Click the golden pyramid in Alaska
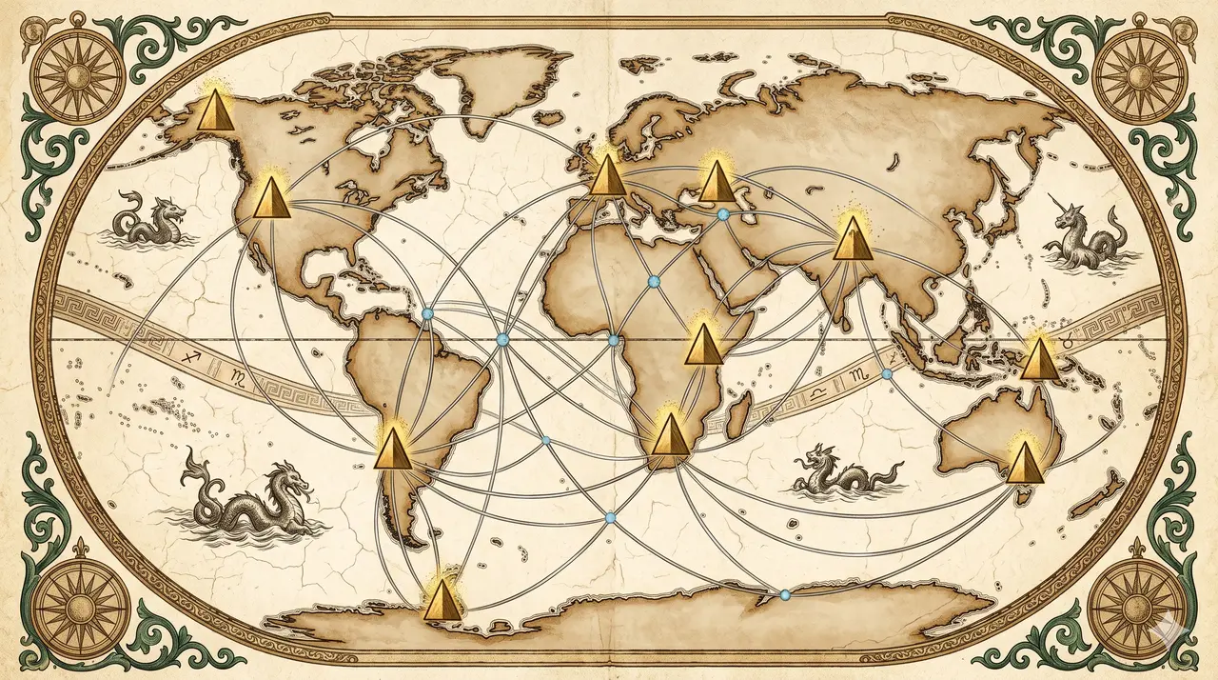(x=214, y=110)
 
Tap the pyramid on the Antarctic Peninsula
(x=441, y=599)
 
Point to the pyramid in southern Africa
(x=670, y=435)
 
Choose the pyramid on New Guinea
(x=1040, y=359)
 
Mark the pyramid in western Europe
(x=607, y=175)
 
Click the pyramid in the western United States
(x=271, y=197)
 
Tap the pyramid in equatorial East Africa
(x=704, y=344)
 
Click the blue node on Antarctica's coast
(x=785, y=595)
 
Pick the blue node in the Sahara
(x=653, y=281)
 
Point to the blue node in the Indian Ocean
(x=887, y=375)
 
